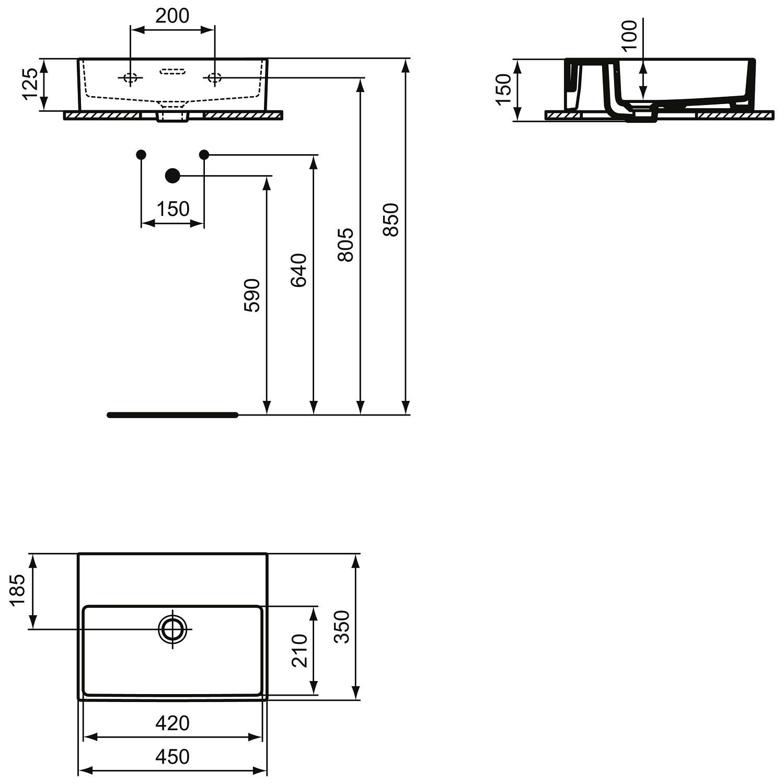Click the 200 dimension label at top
click(172, 16)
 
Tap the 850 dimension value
click(390, 220)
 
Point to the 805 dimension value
click(345, 245)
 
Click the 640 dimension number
click(298, 270)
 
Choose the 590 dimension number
click(252, 296)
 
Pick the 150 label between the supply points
click(173, 209)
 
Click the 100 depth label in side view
click(630, 35)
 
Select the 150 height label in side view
click(503, 89)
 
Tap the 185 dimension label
click(18, 590)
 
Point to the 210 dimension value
click(299, 651)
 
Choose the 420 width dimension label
click(172, 723)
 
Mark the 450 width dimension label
click(172, 756)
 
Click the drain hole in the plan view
click(173, 629)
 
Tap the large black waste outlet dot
click(172, 176)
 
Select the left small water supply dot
click(141, 154)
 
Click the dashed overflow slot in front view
click(173, 71)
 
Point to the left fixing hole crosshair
click(130, 78)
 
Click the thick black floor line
click(173, 415)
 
